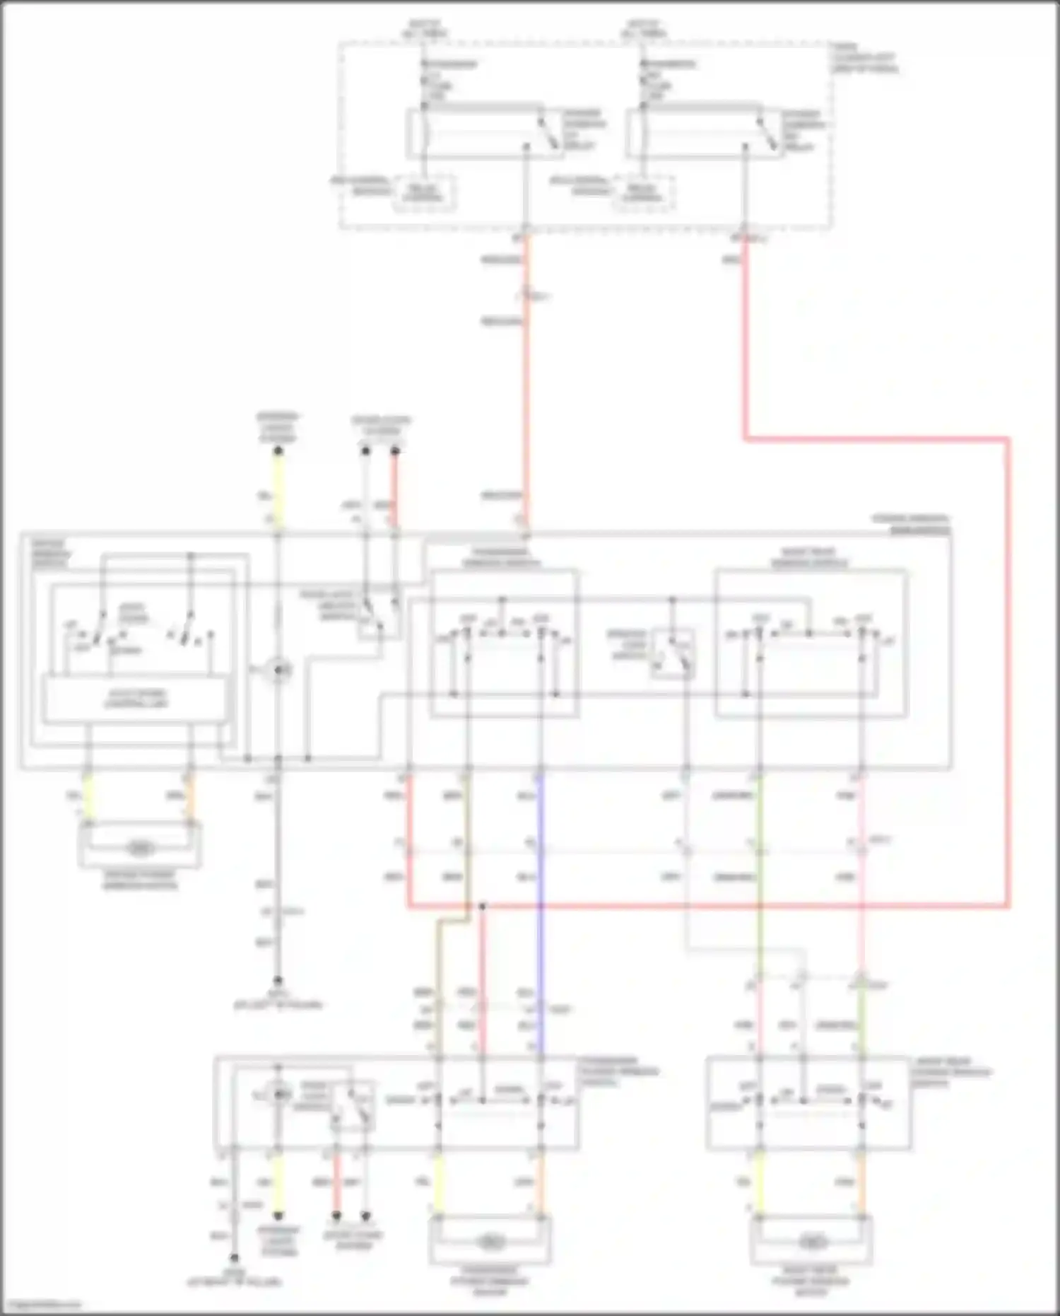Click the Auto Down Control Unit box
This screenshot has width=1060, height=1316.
[136, 699]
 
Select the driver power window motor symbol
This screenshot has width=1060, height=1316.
[140, 848]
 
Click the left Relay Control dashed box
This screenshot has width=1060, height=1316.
[424, 192]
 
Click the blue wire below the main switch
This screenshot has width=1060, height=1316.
[541, 919]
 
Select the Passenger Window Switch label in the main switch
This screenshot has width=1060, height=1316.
[501, 557]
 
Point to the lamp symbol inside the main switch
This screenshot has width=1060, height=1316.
[278, 670]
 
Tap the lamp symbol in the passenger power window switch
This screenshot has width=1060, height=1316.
[281, 1095]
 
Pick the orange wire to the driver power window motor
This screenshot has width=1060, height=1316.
[189, 799]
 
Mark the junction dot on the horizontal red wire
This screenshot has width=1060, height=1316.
[482, 906]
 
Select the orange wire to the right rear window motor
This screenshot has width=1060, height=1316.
[861, 1182]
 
